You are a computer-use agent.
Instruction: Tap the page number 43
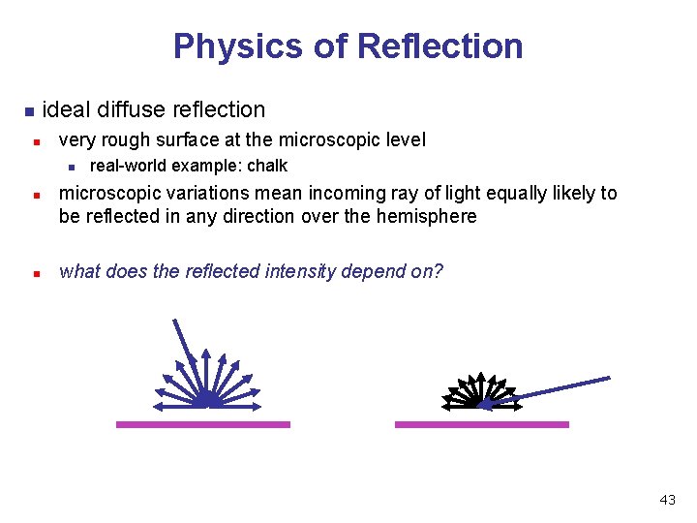point(667,500)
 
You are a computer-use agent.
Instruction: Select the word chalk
point(267,166)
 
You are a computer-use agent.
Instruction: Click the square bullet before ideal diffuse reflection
point(29,110)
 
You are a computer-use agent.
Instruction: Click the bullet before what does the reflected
point(36,273)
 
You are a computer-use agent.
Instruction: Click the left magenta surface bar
point(202,424)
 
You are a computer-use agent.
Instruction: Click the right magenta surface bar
point(481,424)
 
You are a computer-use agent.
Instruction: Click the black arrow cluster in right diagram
point(474,391)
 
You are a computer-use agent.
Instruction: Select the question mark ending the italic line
point(439,271)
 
